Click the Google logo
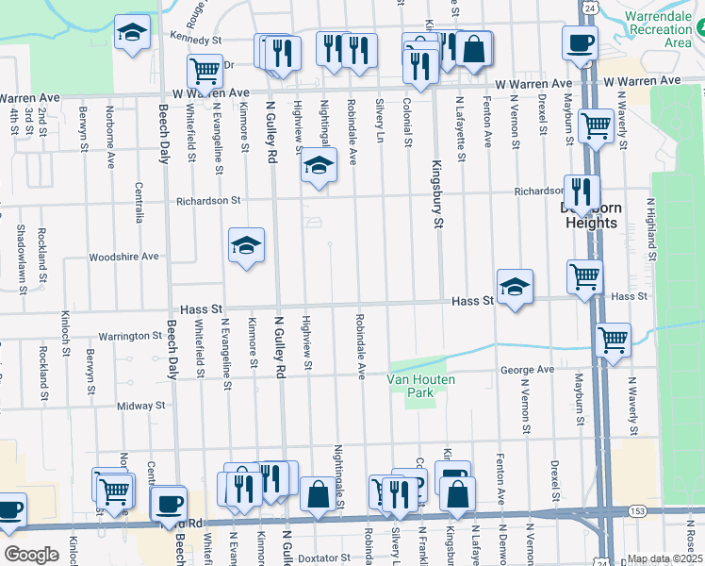pyautogui.click(x=31, y=554)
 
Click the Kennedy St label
pyautogui.click(x=195, y=41)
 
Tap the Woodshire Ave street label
pyautogui.click(x=123, y=257)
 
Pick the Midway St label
pyautogui.click(x=141, y=406)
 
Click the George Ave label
pyautogui.click(x=527, y=370)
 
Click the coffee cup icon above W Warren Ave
pyautogui.click(x=580, y=42)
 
